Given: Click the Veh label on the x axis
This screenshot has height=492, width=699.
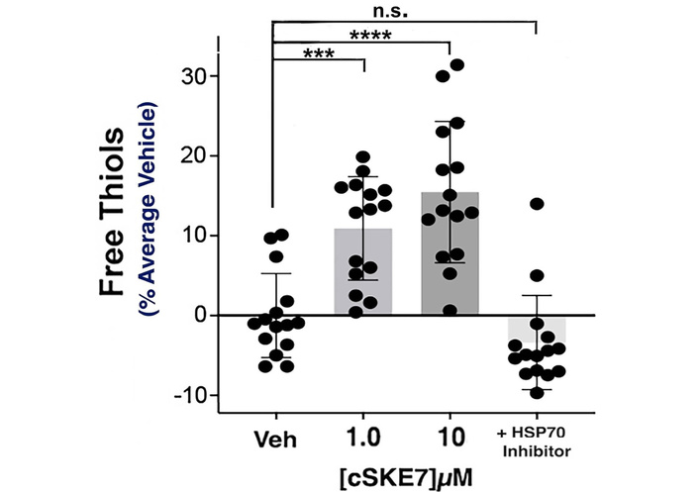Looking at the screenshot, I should point(274,440).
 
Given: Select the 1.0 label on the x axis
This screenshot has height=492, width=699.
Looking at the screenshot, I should point(363,440).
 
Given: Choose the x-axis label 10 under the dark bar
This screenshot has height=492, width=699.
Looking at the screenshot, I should point(449,440).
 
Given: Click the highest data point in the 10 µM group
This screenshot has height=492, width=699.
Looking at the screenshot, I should point(456,65).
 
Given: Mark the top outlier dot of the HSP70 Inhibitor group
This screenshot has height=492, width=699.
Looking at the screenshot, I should point(537,204).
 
